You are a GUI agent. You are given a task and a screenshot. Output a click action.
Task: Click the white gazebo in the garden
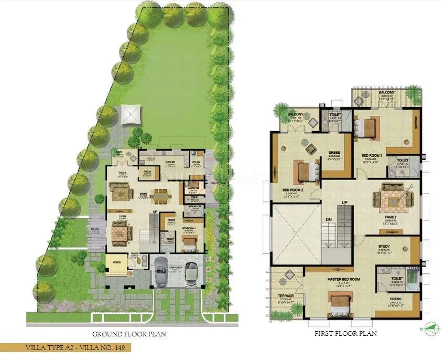tap(131, 114)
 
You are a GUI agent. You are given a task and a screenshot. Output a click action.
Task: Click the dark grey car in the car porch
tap(161, 271)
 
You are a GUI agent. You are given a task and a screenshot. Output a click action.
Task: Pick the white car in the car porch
tap(192, 271)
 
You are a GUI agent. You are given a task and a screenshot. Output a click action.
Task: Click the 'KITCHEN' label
tap(170, 162)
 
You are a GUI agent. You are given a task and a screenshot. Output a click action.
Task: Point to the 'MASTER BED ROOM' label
tap(340, 279)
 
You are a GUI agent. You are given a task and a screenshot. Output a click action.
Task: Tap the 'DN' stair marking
tap(328, 220)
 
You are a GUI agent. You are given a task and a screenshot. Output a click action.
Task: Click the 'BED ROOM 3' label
tap(372, 155)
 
